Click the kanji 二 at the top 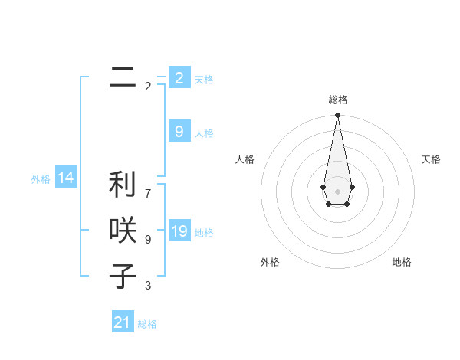123,77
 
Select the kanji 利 123,184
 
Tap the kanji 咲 123,231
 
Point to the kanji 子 123,277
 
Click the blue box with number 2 179,77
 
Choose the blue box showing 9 179,132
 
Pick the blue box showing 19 179,231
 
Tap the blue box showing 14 66,178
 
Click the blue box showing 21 123,322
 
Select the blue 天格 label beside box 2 204,79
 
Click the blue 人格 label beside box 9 204,133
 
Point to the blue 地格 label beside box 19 204,233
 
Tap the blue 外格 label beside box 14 41,179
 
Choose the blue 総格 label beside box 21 147,324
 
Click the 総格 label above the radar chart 337,100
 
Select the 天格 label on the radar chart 431,159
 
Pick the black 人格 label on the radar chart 245,159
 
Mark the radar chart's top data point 337,115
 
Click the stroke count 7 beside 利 147,185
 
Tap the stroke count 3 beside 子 147,286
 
